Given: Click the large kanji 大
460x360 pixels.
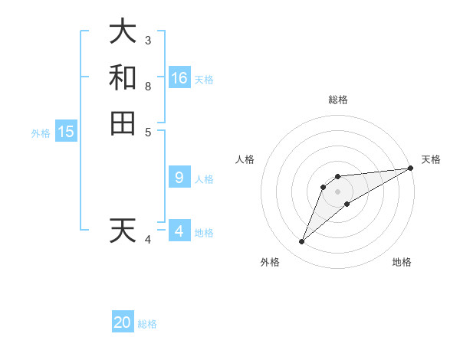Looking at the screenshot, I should (x=123, y=31).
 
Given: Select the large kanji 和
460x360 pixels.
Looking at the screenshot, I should (x=123, y=77).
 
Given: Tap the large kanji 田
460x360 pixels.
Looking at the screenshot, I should (x=123, y=123).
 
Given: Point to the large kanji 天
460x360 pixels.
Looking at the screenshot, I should (x=123, y=231).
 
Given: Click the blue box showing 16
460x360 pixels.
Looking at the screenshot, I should (x=179, y=77).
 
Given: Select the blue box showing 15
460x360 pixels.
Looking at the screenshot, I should (x=66, y=132).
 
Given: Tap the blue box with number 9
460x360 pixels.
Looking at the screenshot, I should (x=179, y=178).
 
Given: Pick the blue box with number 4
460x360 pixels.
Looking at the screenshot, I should (x=179, y=231).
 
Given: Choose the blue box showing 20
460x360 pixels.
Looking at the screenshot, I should (x=123, y=322).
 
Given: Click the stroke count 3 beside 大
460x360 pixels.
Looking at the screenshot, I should (x=148, y=40).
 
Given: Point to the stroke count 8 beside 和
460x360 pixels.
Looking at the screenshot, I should (x=148, y=86).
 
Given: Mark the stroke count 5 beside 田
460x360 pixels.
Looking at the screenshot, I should (x=148, y=132).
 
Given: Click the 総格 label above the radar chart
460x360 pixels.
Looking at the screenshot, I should (x=338, y=100).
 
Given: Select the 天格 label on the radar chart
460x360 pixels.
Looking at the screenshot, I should (x=432, y=159).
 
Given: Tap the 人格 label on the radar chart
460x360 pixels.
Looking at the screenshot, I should (x=245, y=159).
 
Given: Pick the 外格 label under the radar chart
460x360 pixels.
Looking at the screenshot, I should (x=270, y=262).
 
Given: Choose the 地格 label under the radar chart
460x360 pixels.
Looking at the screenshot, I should (x=402, y=262).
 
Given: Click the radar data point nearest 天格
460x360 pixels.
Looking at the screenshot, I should (x=410, y=168).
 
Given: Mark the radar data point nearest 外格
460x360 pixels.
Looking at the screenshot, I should (x=302, y=242).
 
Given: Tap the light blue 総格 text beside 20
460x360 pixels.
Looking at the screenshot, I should (x=147, y=324).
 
